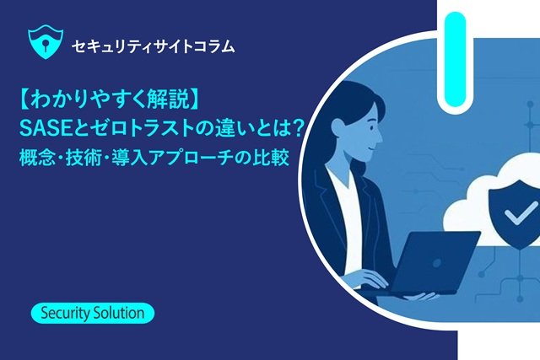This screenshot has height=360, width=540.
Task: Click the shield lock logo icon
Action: [46, 44]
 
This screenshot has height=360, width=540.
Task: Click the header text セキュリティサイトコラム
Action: [154, 46]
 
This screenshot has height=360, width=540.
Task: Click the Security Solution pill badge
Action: [93, 313]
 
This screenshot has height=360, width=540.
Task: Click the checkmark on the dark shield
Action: [521, 213]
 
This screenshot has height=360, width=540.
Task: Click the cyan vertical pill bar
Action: [456, 59]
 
